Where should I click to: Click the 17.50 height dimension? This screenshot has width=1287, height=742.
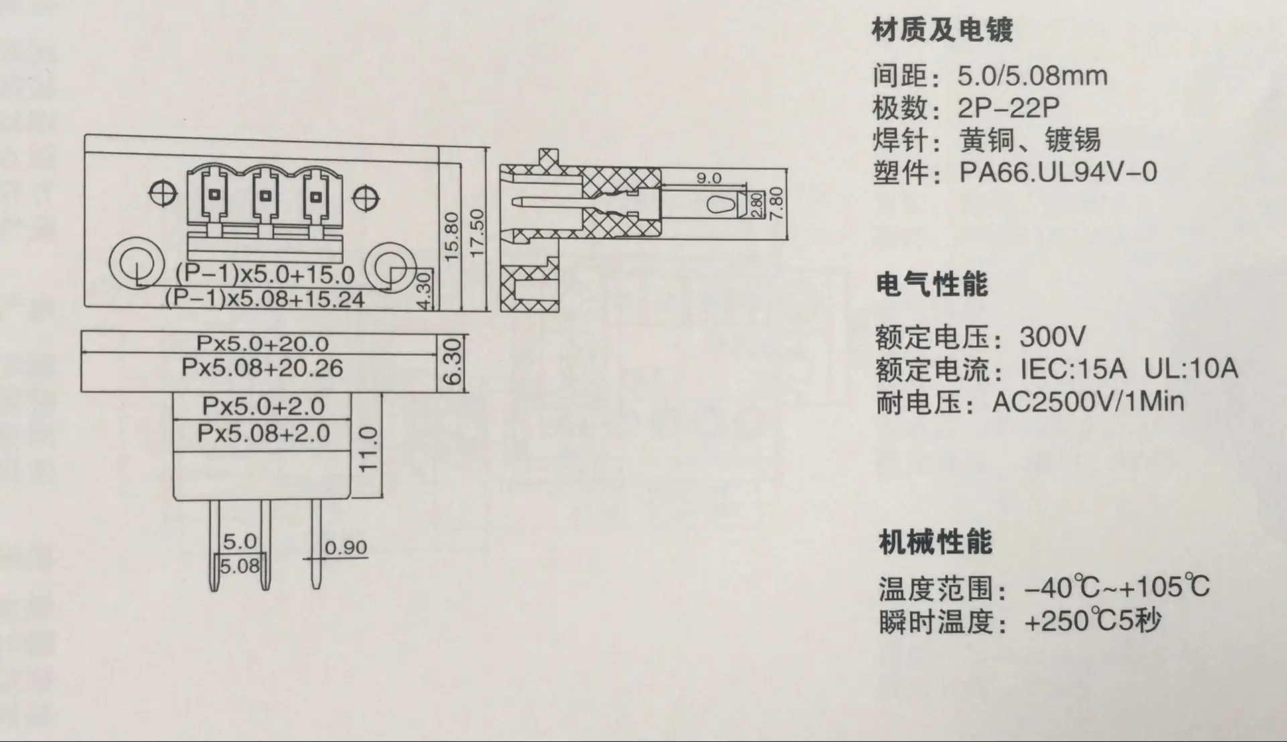pyautogui.click(x=477, y=232)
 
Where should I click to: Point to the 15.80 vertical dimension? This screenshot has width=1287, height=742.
pyautogui.click(x=452, y=237)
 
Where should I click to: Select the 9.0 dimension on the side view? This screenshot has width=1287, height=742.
pyautogui.click(x=709, y=178)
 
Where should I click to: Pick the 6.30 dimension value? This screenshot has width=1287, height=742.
pyautogui.click(x=454, y=362)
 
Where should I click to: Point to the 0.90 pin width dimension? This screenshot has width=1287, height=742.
pyautogui.click(x=345, y=548)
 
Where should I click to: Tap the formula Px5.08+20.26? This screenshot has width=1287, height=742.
pyautogui.click(x=262, y=368)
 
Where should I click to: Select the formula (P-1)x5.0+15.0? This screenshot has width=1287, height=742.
pyautogui.click(x=265, y=274)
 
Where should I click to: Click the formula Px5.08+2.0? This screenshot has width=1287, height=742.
pyautogui.click(x=263, y=433)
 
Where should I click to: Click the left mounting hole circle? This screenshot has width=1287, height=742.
pyautogui.click(x=137, y=263)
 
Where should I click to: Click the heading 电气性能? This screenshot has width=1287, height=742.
pyautogui.click(x=932, y=285)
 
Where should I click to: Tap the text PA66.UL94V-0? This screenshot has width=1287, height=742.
pyautogui.click(x=1058, y=172)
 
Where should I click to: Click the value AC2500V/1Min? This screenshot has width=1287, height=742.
pyautogui.click(x=1088, y=402)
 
